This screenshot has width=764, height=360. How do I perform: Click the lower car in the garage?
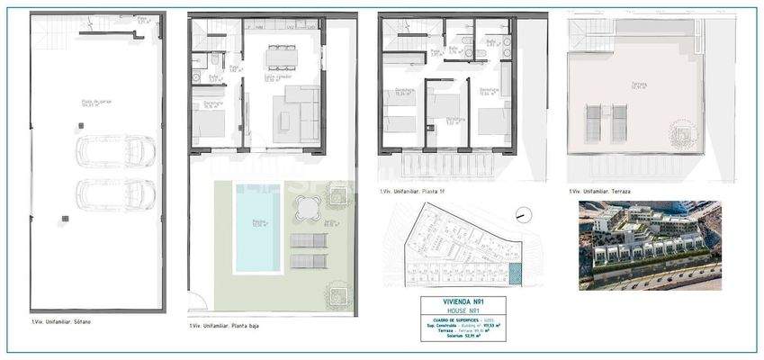tap(116, 193)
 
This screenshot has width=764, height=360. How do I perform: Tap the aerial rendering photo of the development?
tap(649, 244)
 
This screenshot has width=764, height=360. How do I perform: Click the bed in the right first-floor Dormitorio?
tap(491, 121)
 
